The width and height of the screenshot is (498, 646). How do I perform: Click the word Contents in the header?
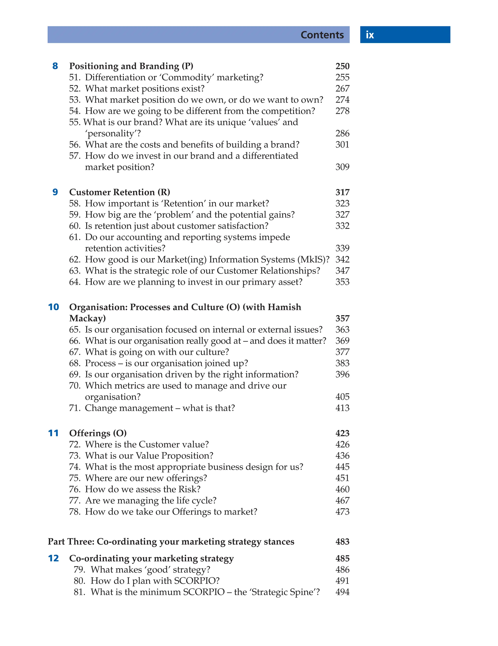pyautogui.click(x=322, y=35)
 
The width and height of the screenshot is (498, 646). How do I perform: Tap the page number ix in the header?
pyautogui.click(x=370, y=35)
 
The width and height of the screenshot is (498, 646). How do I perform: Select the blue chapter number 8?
pyautogui.click(x=55, y=66)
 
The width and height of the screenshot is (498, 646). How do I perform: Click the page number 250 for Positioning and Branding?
pyautogui.click(x=342, y=66)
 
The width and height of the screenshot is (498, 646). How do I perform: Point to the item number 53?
pyautogui.click(x=75, y=100)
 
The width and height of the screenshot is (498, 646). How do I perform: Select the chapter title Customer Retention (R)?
pyautogui.click(x=120, y=192)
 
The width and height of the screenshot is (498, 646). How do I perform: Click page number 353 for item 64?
pyautogui.click(x=342, y=282)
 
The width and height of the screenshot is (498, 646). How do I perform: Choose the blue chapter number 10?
pyautogui.click(x=53, y=307)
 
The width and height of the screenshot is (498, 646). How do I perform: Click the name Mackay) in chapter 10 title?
pyautogui.click(x=87, y=318)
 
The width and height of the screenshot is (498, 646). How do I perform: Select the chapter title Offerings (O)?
pyautogui.click(x=98, y=433)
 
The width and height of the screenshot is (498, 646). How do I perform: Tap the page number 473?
pyautogui.click(x=342, y=512)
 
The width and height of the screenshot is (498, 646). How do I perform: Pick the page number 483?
pyautogui.click(x=342, y=541)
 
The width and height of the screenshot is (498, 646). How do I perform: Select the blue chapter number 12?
pyautogui.click(x=53, y=559)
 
